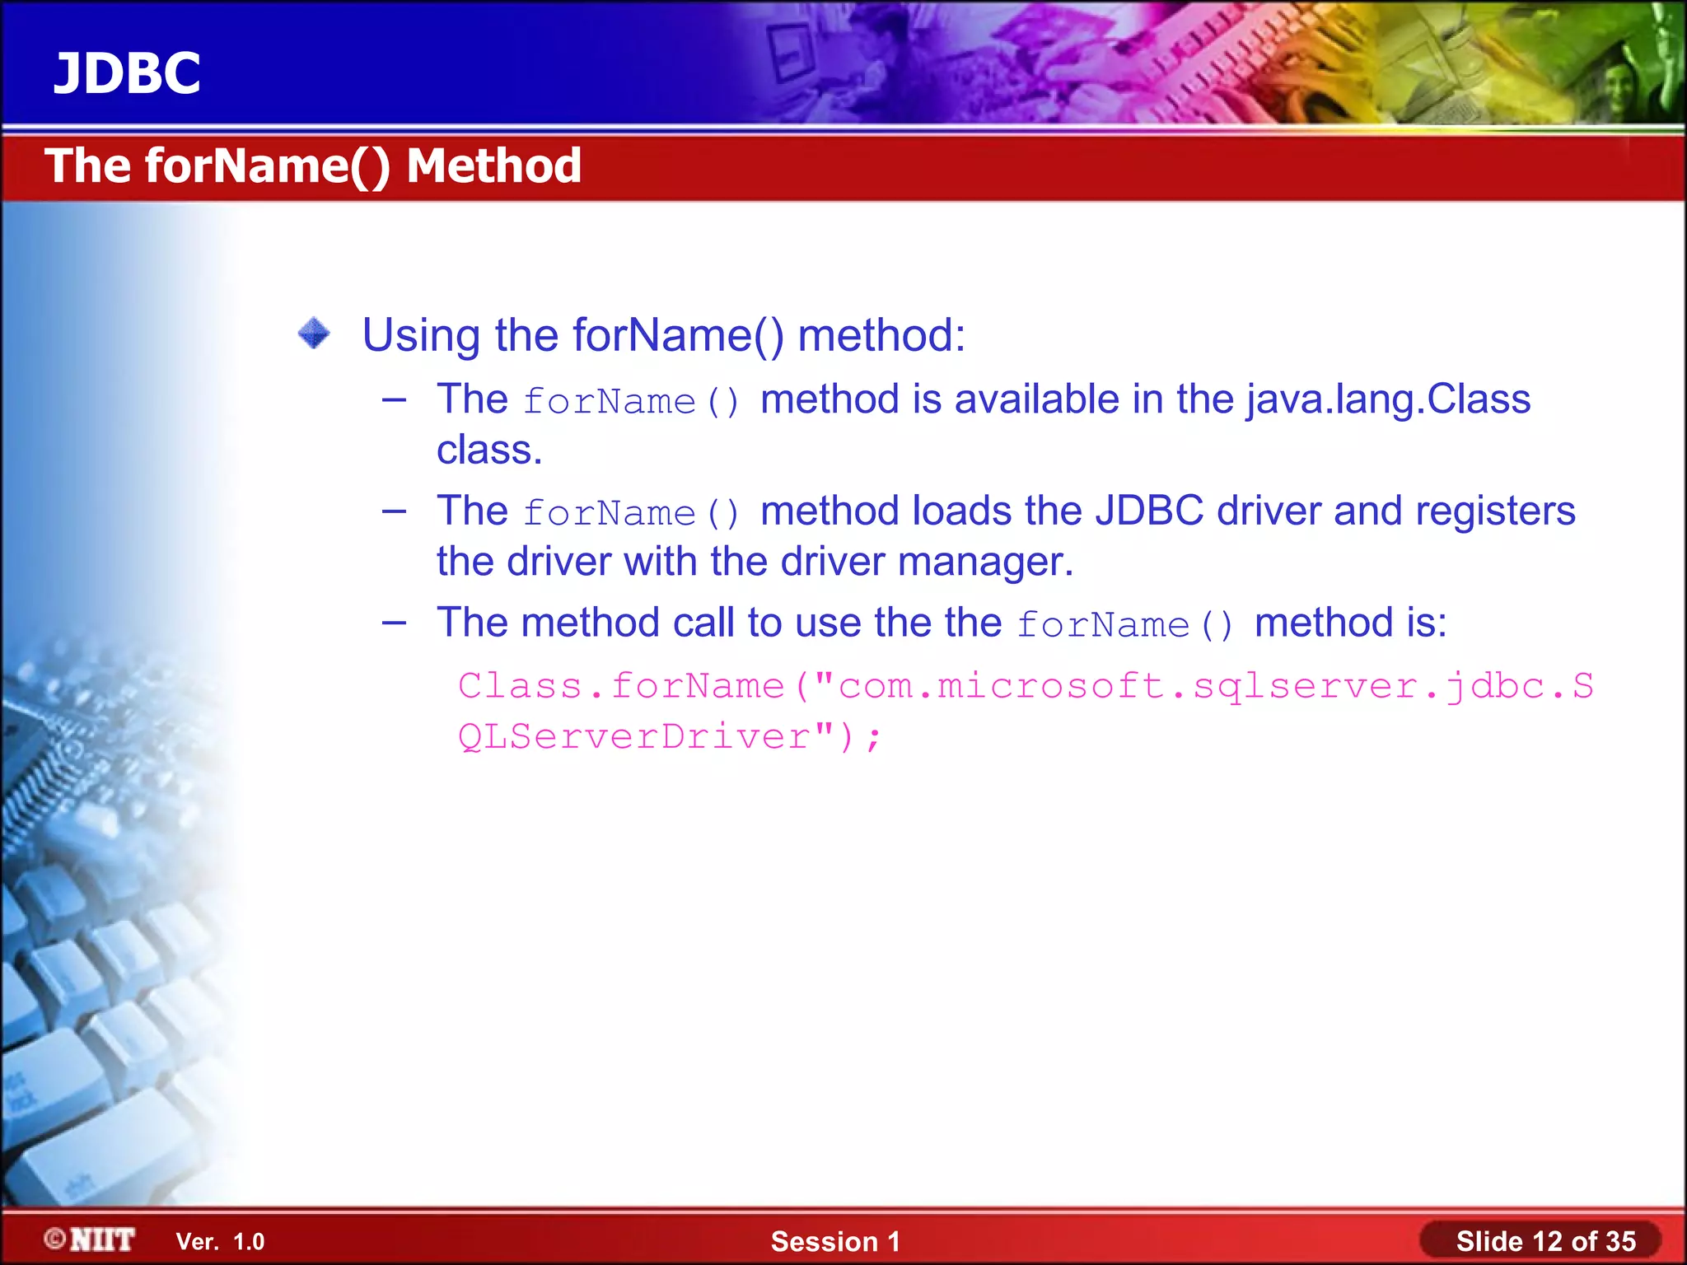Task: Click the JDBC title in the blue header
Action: tap(127, 73)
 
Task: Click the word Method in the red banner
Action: tap(493, 166)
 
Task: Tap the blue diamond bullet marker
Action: tap(314, 334)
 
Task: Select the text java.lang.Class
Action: tap(1388, 399)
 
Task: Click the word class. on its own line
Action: tap(489, 450)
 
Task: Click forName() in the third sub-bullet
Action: tap(1124, 624)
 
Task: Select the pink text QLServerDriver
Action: tap(634, 736)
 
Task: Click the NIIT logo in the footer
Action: tap(91, 1239)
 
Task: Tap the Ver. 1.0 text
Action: tap(220, 1241)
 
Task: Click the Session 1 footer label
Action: tap(835, 1241)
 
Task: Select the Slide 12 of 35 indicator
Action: tap(1545, 1241)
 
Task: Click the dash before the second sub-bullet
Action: tap(395, 511)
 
